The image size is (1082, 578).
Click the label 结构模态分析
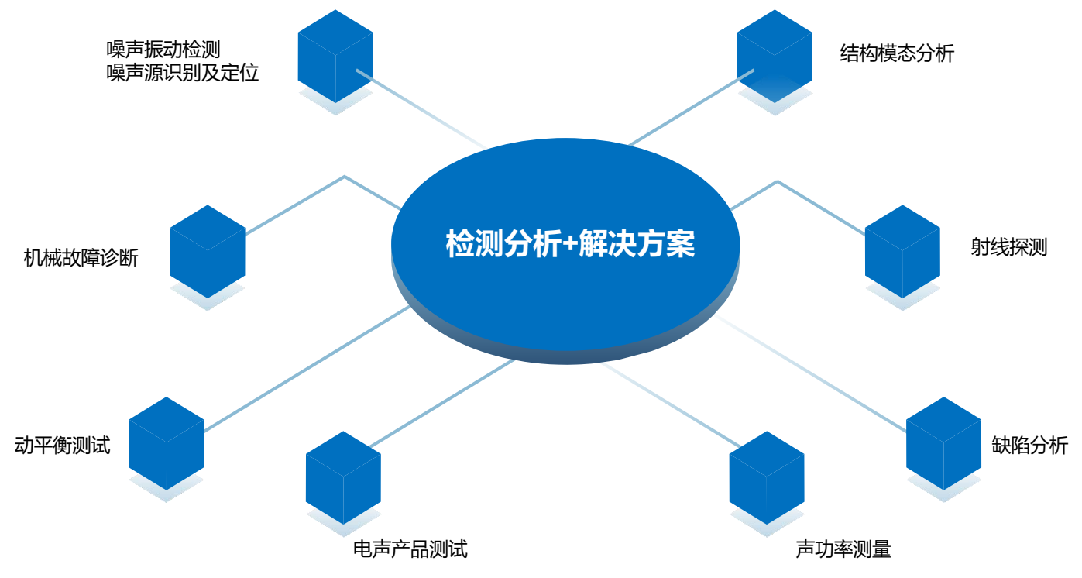point(897,53)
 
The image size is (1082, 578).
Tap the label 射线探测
point(1009,247)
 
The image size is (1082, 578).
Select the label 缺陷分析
point(1029,445)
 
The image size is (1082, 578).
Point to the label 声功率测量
point(843,549)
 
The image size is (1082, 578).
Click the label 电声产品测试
point(410,549)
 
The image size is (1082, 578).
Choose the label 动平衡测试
point(62,445)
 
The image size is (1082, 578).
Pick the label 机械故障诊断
point(81,257)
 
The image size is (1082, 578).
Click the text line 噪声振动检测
point(163,50)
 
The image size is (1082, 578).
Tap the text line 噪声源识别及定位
point(183,73)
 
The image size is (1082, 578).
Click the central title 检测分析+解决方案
point(570,243)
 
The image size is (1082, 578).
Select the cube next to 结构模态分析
point(775,56)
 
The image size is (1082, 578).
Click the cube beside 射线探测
point(902,251)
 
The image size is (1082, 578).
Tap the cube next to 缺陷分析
point(943,444)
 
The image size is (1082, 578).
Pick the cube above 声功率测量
point(767,478)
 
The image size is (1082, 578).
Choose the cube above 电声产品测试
point(343,478)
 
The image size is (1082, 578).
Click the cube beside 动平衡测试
point(167,444)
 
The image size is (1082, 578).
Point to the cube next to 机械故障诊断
point(208,251)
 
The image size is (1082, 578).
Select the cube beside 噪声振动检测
point(335,56)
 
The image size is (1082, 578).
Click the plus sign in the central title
point(570,244)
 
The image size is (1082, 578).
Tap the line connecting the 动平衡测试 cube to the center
point(307,368)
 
